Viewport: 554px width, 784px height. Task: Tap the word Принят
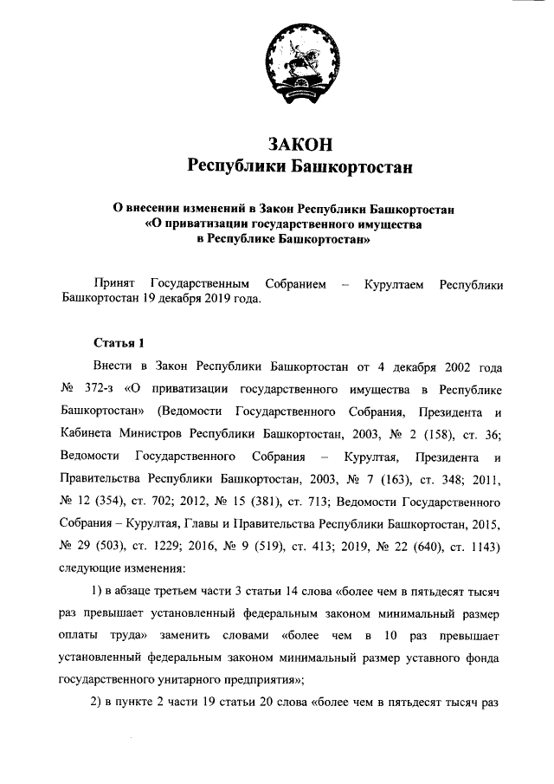coord(115,283)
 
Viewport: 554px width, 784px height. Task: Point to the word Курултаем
coord(395,283)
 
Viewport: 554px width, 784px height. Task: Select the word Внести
coord(116,366)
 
